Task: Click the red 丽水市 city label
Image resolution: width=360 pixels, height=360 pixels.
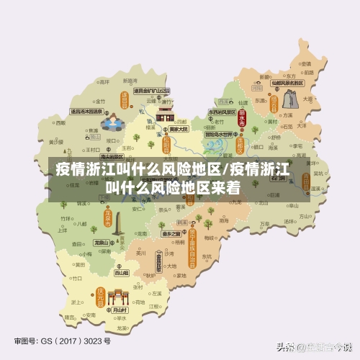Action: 242,120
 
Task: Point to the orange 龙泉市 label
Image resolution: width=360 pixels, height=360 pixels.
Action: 109,217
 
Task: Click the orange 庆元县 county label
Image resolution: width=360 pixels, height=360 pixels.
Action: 102,295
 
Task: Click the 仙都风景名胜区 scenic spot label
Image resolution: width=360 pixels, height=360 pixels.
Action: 286,83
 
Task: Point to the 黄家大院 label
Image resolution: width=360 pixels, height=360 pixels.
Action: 179,129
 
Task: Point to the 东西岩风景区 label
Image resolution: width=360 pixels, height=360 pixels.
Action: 222,113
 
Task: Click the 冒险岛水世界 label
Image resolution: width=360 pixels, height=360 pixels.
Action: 219,134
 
